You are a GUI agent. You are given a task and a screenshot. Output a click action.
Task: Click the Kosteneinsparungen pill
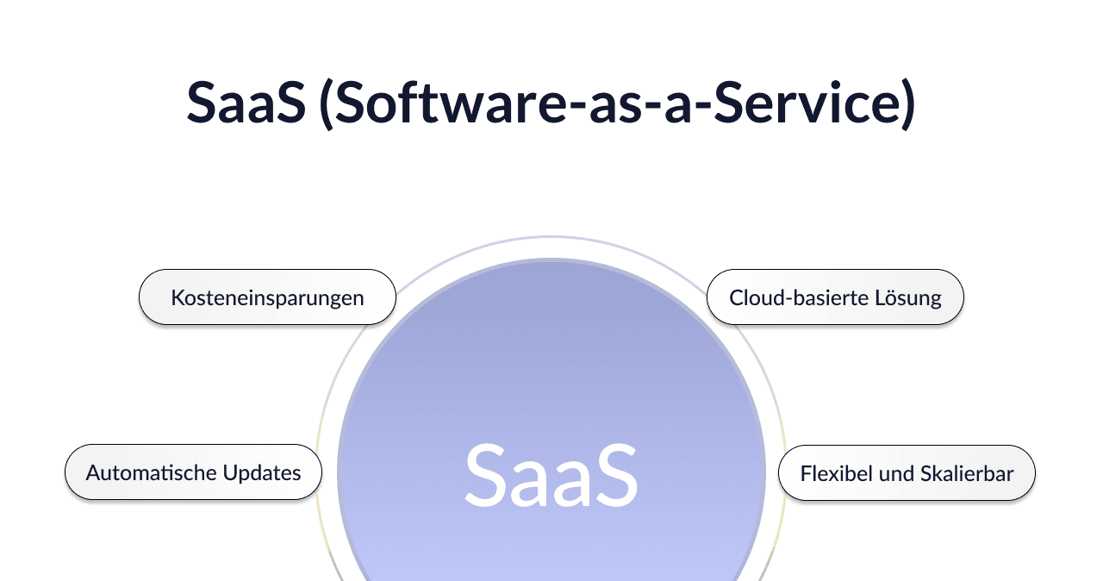267,297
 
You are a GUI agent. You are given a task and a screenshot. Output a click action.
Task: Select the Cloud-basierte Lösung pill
835,297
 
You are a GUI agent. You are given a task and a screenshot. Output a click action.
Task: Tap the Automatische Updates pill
193,472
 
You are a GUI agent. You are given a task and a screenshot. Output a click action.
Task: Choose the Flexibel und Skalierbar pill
907,473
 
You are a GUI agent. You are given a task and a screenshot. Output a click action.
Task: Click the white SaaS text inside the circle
551,475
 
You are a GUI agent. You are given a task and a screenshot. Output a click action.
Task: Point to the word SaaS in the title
246,103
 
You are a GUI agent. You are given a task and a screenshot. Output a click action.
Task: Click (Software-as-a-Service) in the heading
617,103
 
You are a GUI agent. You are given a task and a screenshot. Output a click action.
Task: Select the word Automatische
151,472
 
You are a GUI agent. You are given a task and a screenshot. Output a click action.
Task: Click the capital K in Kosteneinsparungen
177,298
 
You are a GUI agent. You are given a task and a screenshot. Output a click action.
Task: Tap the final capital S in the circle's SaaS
615,475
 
